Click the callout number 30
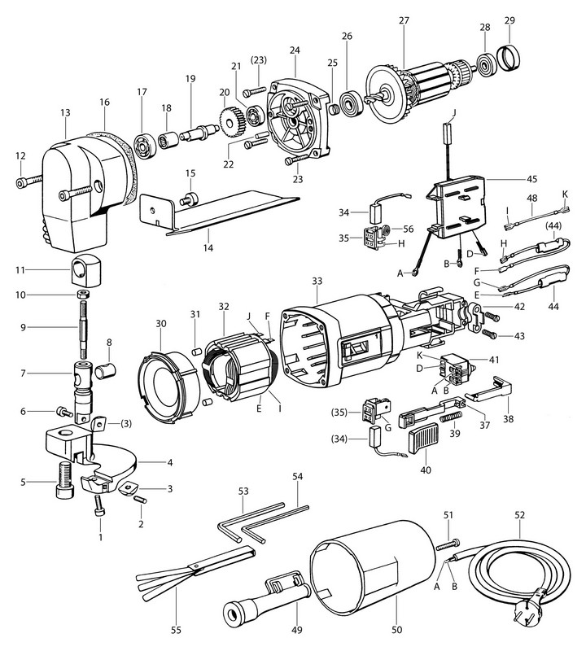[161, 324]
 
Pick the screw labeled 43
[490, 334]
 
